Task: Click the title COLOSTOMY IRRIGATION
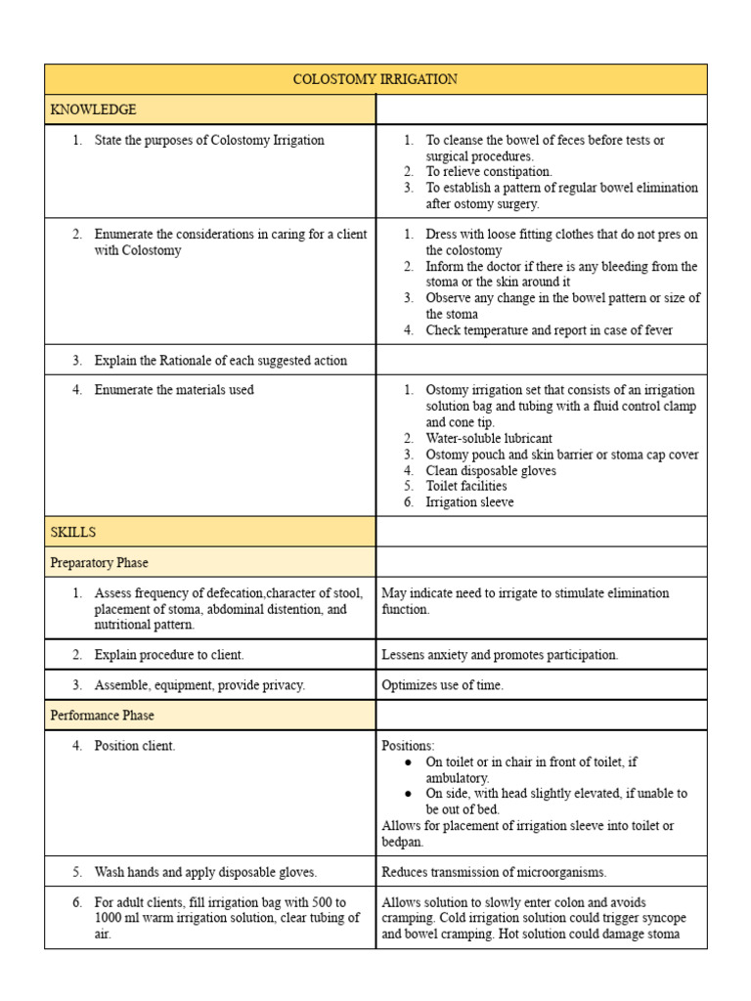[x=375, y=79]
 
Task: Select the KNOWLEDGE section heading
[x=93, y=109]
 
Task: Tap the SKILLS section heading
[x=72, y=532]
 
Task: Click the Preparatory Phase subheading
[x=99, y=563]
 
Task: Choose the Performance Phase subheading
[x=102, y=716]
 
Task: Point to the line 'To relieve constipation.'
[x=488, y=172]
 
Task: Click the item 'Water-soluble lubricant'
[x=488, y=439]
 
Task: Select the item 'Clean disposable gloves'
[x=490, y=470]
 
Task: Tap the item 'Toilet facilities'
[x=465, y=486]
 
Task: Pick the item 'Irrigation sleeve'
[x=468, y=502]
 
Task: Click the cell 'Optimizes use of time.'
[x=442, y=685]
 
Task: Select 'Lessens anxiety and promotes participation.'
[x=499, y=655]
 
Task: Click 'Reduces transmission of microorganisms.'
[x=494, y=872]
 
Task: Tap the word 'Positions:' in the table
[x=408, y=746]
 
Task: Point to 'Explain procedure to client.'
[x=169, y=655]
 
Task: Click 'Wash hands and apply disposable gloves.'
[x=205, y=872]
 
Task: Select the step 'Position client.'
[x=135, y=746]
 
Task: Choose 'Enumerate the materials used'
[x=173, y=390]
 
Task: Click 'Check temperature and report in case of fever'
[x=549, y=330]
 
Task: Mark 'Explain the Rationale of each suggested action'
[x=220, y=361]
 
